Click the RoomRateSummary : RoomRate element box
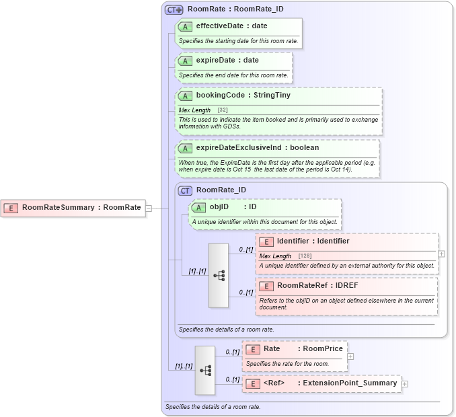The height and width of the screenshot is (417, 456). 74,208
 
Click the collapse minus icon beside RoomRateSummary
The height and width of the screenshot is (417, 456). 149,208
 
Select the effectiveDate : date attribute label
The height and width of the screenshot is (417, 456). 231,26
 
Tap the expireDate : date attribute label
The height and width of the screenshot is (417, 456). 227,61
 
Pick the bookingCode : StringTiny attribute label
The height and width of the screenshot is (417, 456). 243,96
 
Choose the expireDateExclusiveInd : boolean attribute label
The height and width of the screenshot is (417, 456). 257,147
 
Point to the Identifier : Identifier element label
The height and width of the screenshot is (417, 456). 313,241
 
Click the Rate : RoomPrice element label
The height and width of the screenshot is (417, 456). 303,348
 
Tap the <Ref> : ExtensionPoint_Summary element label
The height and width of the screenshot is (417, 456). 330,383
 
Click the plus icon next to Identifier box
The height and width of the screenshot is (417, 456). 441,254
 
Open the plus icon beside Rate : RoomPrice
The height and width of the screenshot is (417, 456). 350,356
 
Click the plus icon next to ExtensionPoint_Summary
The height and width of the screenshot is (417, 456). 404,384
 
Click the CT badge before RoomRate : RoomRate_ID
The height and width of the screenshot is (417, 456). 174,9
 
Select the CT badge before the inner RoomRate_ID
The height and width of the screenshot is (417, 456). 185,190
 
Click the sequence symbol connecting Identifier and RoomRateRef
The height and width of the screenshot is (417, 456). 219,276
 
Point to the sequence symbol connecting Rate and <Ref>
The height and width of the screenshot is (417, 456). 205,370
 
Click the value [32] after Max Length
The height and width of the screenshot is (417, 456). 223,110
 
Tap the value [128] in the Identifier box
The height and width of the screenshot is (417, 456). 304,256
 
